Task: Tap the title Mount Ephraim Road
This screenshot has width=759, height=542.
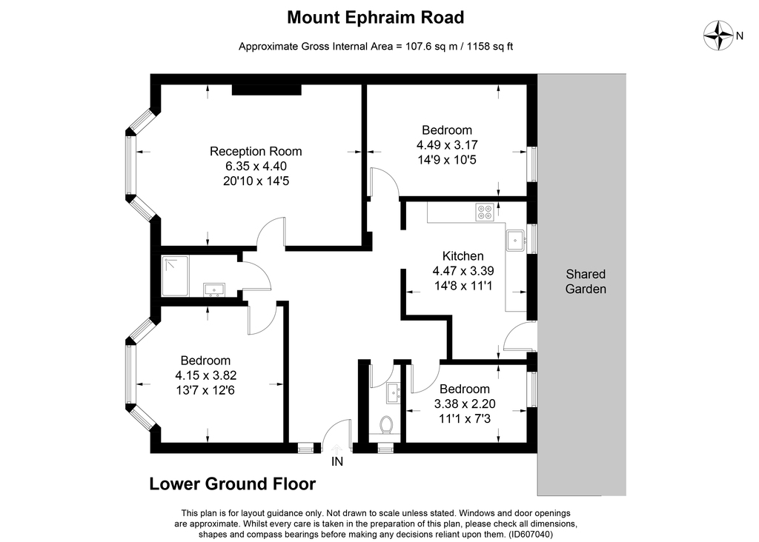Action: [x=375, y=16]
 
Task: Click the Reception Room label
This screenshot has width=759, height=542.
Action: [x=256, y=151]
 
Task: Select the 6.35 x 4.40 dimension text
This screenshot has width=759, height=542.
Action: [x=256, y=166]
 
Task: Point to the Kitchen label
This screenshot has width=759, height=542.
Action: [x=463, y=256]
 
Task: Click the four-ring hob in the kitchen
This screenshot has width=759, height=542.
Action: [x=485, y=213]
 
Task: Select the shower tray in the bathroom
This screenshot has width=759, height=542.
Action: [x=175, y=275]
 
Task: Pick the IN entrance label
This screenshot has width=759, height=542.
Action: [x=337, y=461]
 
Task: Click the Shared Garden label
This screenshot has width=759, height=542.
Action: [x=586, y=281]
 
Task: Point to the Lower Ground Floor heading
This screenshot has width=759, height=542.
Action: [x=233, y=484]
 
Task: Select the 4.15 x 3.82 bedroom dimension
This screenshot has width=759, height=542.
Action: [x=206, y=375]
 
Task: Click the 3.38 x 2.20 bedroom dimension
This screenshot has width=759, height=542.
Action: [x=465, y=404]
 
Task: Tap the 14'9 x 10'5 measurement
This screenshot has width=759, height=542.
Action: [x=454, y=158]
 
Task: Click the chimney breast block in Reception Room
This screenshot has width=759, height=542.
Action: [x=267, y=90]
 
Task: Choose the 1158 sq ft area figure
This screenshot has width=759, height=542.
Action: [x=485, y=47]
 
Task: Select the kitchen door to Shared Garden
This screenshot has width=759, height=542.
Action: [x=519, y=337]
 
